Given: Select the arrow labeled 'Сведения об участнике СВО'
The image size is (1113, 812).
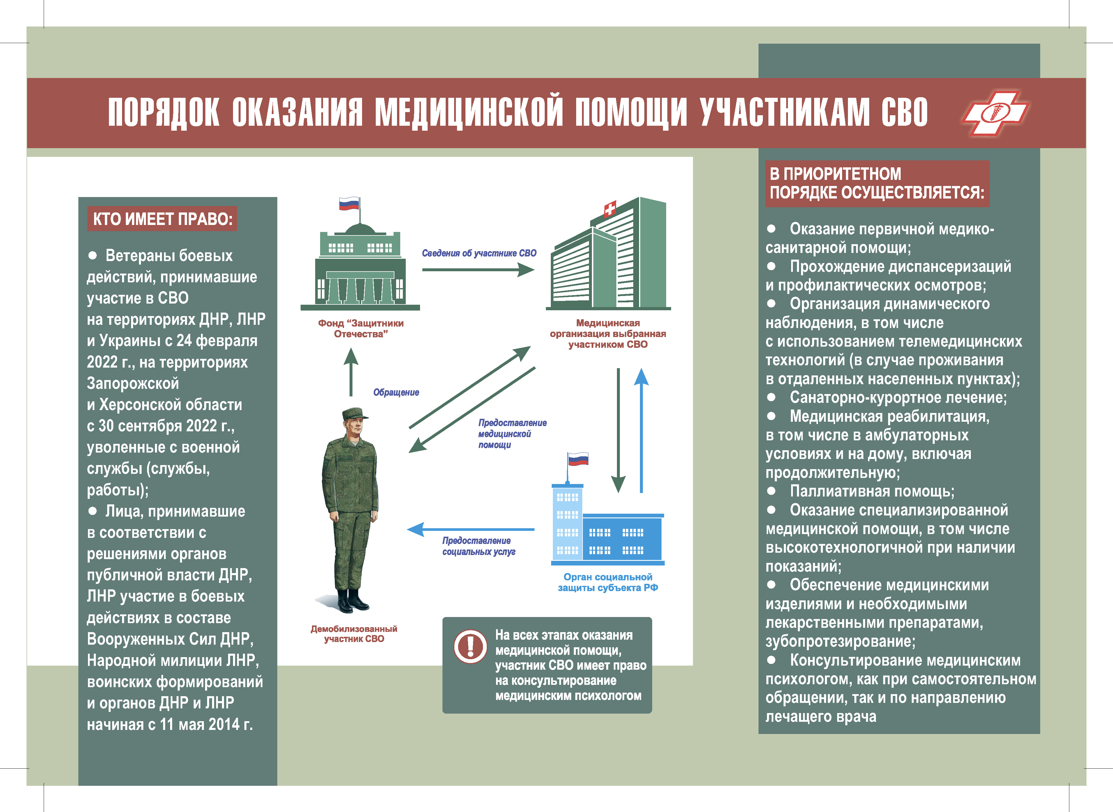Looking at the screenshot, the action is [478, 269].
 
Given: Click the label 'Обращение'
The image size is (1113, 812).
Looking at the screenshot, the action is [396, 392].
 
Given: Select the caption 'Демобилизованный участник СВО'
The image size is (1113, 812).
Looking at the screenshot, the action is [354, 634].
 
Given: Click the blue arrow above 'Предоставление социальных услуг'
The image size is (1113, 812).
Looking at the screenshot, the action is [471, 529].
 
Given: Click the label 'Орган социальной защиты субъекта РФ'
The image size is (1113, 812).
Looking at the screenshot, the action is [608, 582].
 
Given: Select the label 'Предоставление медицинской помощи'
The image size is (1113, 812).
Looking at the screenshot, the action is [512, 434].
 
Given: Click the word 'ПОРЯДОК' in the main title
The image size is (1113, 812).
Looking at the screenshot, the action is [164, 113].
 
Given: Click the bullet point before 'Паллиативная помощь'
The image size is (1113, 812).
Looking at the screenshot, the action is [771, 490].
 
